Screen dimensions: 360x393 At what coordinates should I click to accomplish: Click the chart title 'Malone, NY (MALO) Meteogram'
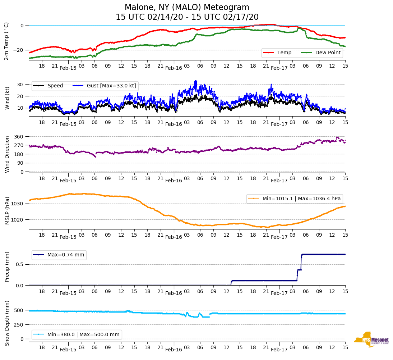coord(187,8)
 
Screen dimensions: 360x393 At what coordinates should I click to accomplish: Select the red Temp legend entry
coord(284,53)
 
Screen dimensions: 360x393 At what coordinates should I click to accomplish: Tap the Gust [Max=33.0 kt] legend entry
coord(111,86)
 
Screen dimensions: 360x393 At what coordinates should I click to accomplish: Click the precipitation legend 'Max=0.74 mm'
coord(66,255)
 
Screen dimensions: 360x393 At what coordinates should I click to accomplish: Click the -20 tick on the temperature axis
coord(19,50)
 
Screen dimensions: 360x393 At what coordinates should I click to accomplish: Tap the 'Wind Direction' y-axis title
coord(7,154)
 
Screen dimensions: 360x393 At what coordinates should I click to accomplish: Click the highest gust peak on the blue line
coord(196,81)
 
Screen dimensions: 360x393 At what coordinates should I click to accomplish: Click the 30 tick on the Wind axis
coord(21,85)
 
